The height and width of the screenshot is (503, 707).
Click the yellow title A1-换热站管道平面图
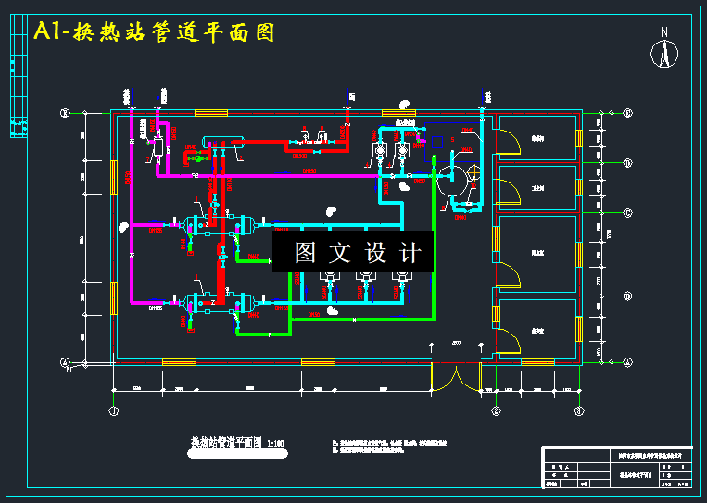click(154, 32)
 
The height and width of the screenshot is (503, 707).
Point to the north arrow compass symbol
click(663, 50)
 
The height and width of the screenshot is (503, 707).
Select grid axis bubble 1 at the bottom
click(114, 409)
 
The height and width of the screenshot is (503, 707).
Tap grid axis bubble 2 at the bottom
click(496, 409)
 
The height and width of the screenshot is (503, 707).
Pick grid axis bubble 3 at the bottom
click(579, 409)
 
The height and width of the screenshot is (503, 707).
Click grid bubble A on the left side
click(65, 362)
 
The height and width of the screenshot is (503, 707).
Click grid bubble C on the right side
click(627, 213)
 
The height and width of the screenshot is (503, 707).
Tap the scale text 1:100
click(276, 444)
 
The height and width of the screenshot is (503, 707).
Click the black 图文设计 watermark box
click(353, 252)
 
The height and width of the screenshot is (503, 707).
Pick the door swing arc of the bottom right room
click(508, 341)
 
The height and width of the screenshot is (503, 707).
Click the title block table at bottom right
click(618, 467)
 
